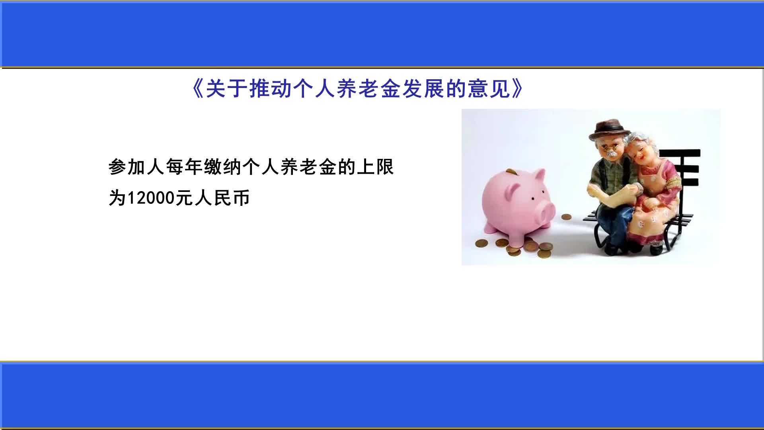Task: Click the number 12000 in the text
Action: pos(151,198)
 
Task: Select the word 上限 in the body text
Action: pos(375,167)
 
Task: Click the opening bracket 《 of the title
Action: pos(197,88)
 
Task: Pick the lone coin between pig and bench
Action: pos(566,217)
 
